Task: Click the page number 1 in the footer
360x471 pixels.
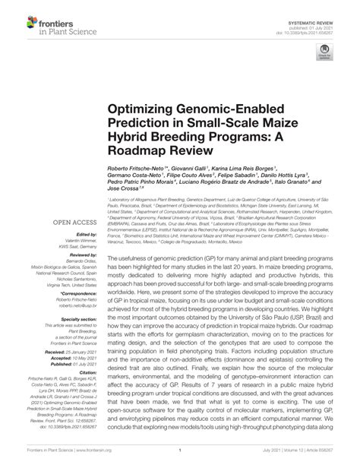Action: click(x=179, y=460)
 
